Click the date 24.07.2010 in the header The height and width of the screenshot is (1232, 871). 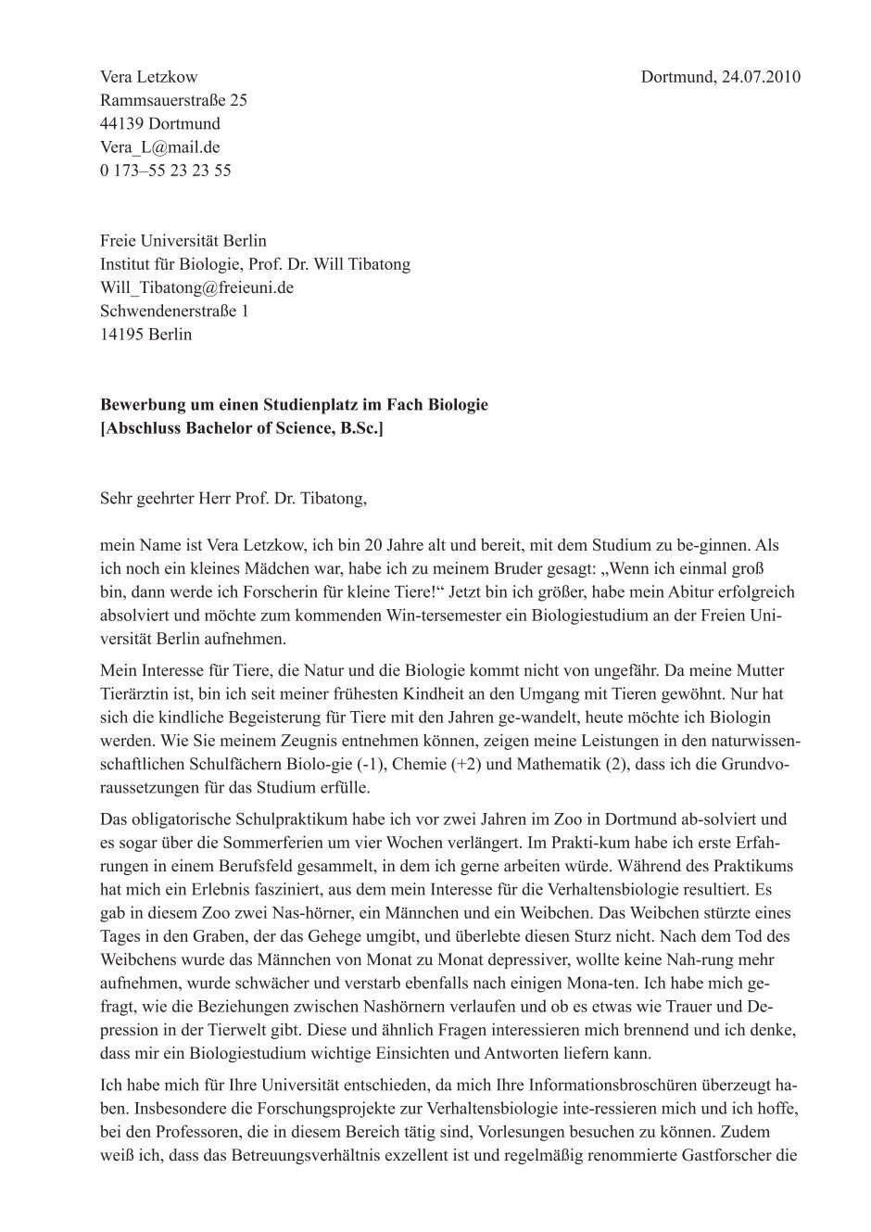pos(759,77)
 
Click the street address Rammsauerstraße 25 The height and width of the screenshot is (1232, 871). pos(173,100)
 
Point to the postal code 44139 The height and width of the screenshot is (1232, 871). pos(120,123)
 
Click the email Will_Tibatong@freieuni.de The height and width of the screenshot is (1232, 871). pos(196,287)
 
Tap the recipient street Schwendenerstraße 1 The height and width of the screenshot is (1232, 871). pos(174,311)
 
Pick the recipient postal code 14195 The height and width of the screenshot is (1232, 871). pos(120,334)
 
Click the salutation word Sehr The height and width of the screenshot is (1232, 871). pos(117,499)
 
